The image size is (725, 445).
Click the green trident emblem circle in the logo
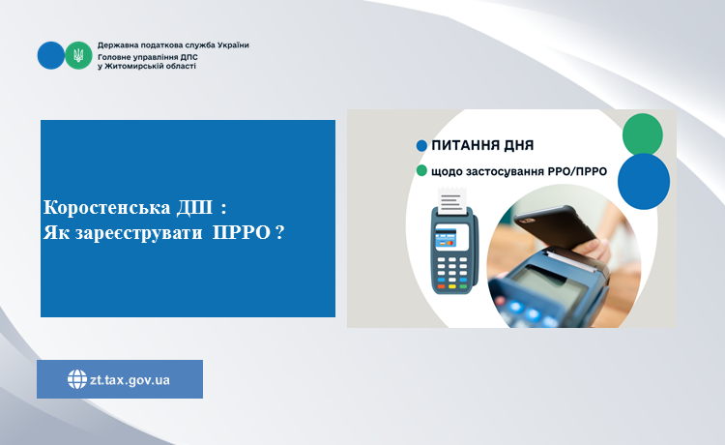78,55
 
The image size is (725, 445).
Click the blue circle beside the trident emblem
51,55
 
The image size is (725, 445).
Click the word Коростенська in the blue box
107,207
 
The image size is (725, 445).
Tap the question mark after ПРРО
279,232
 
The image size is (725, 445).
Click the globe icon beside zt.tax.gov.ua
76,379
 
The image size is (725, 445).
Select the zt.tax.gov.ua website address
130,380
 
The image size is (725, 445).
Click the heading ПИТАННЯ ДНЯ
482,145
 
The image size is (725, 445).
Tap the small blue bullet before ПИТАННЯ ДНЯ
421,146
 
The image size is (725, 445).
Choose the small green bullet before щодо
421,170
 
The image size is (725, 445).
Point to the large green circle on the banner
642,134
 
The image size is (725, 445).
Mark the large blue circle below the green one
644,181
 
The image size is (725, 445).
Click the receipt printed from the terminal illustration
451,201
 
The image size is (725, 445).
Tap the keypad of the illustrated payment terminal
451,273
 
